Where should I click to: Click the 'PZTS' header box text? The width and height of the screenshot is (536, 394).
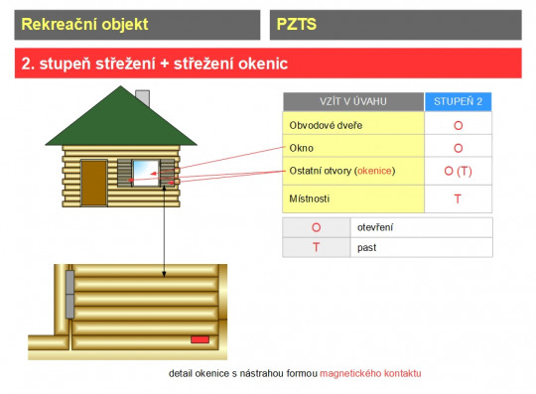(296, 24)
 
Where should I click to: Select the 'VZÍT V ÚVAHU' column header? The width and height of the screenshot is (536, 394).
(352, 101)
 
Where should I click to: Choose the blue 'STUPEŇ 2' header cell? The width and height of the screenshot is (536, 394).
(458, 101)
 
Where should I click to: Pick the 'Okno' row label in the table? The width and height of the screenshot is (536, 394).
(301, 148)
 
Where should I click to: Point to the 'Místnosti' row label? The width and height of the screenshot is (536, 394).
(309, 198)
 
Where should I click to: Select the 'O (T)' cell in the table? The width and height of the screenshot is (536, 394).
(458, 171)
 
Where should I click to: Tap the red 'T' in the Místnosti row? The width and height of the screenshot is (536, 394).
(458, 198)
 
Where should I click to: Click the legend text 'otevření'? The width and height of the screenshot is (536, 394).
(373, 227)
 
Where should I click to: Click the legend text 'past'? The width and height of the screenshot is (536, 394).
(366, 247)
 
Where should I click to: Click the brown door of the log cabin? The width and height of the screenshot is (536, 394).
(94, 183)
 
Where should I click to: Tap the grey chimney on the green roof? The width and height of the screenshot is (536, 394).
(142, 98)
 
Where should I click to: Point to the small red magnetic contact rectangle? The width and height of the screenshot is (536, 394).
(200, 339)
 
